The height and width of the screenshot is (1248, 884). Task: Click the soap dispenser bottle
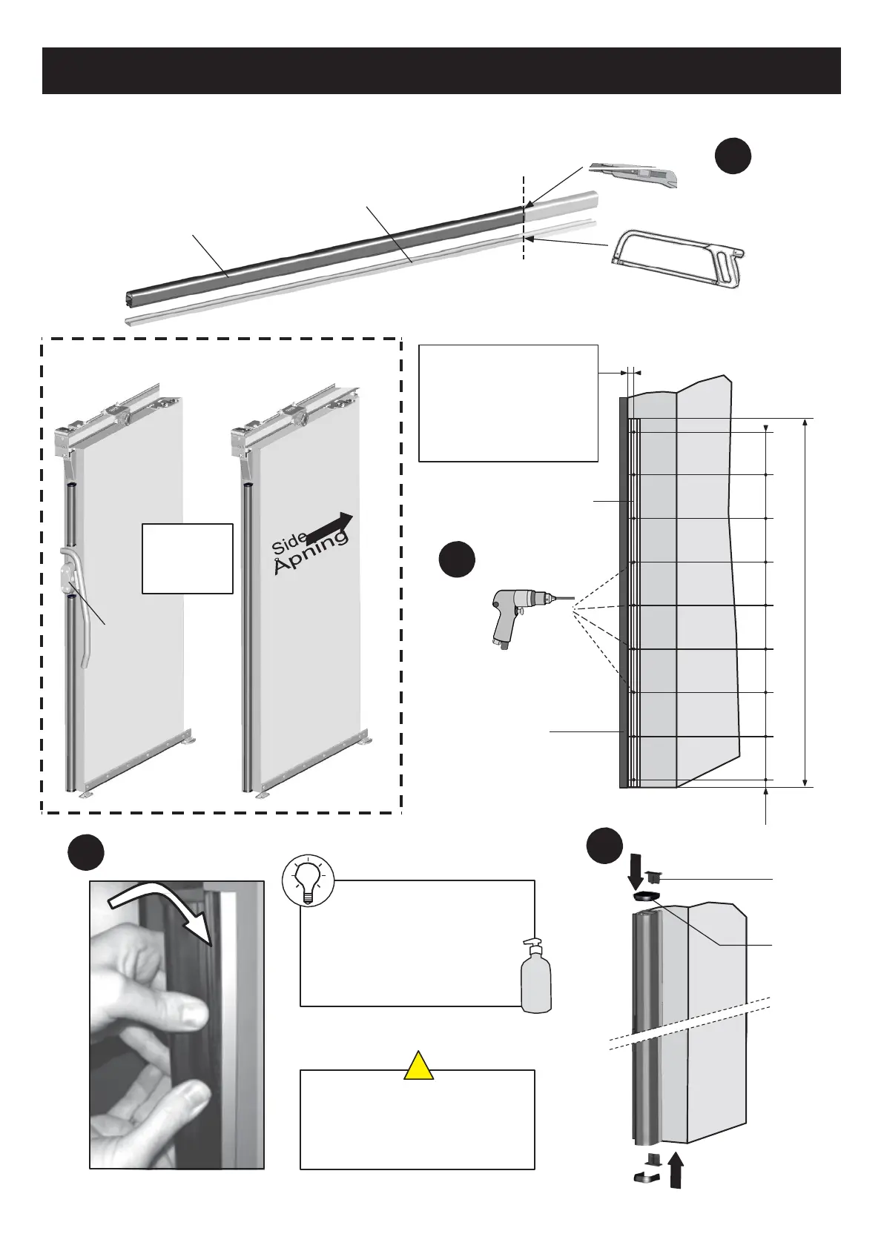(536, 977)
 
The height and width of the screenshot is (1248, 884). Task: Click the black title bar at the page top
(441, 71)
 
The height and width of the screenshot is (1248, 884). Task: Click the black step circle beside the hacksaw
(733, 156)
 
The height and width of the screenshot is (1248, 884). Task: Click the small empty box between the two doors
(188, 559)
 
